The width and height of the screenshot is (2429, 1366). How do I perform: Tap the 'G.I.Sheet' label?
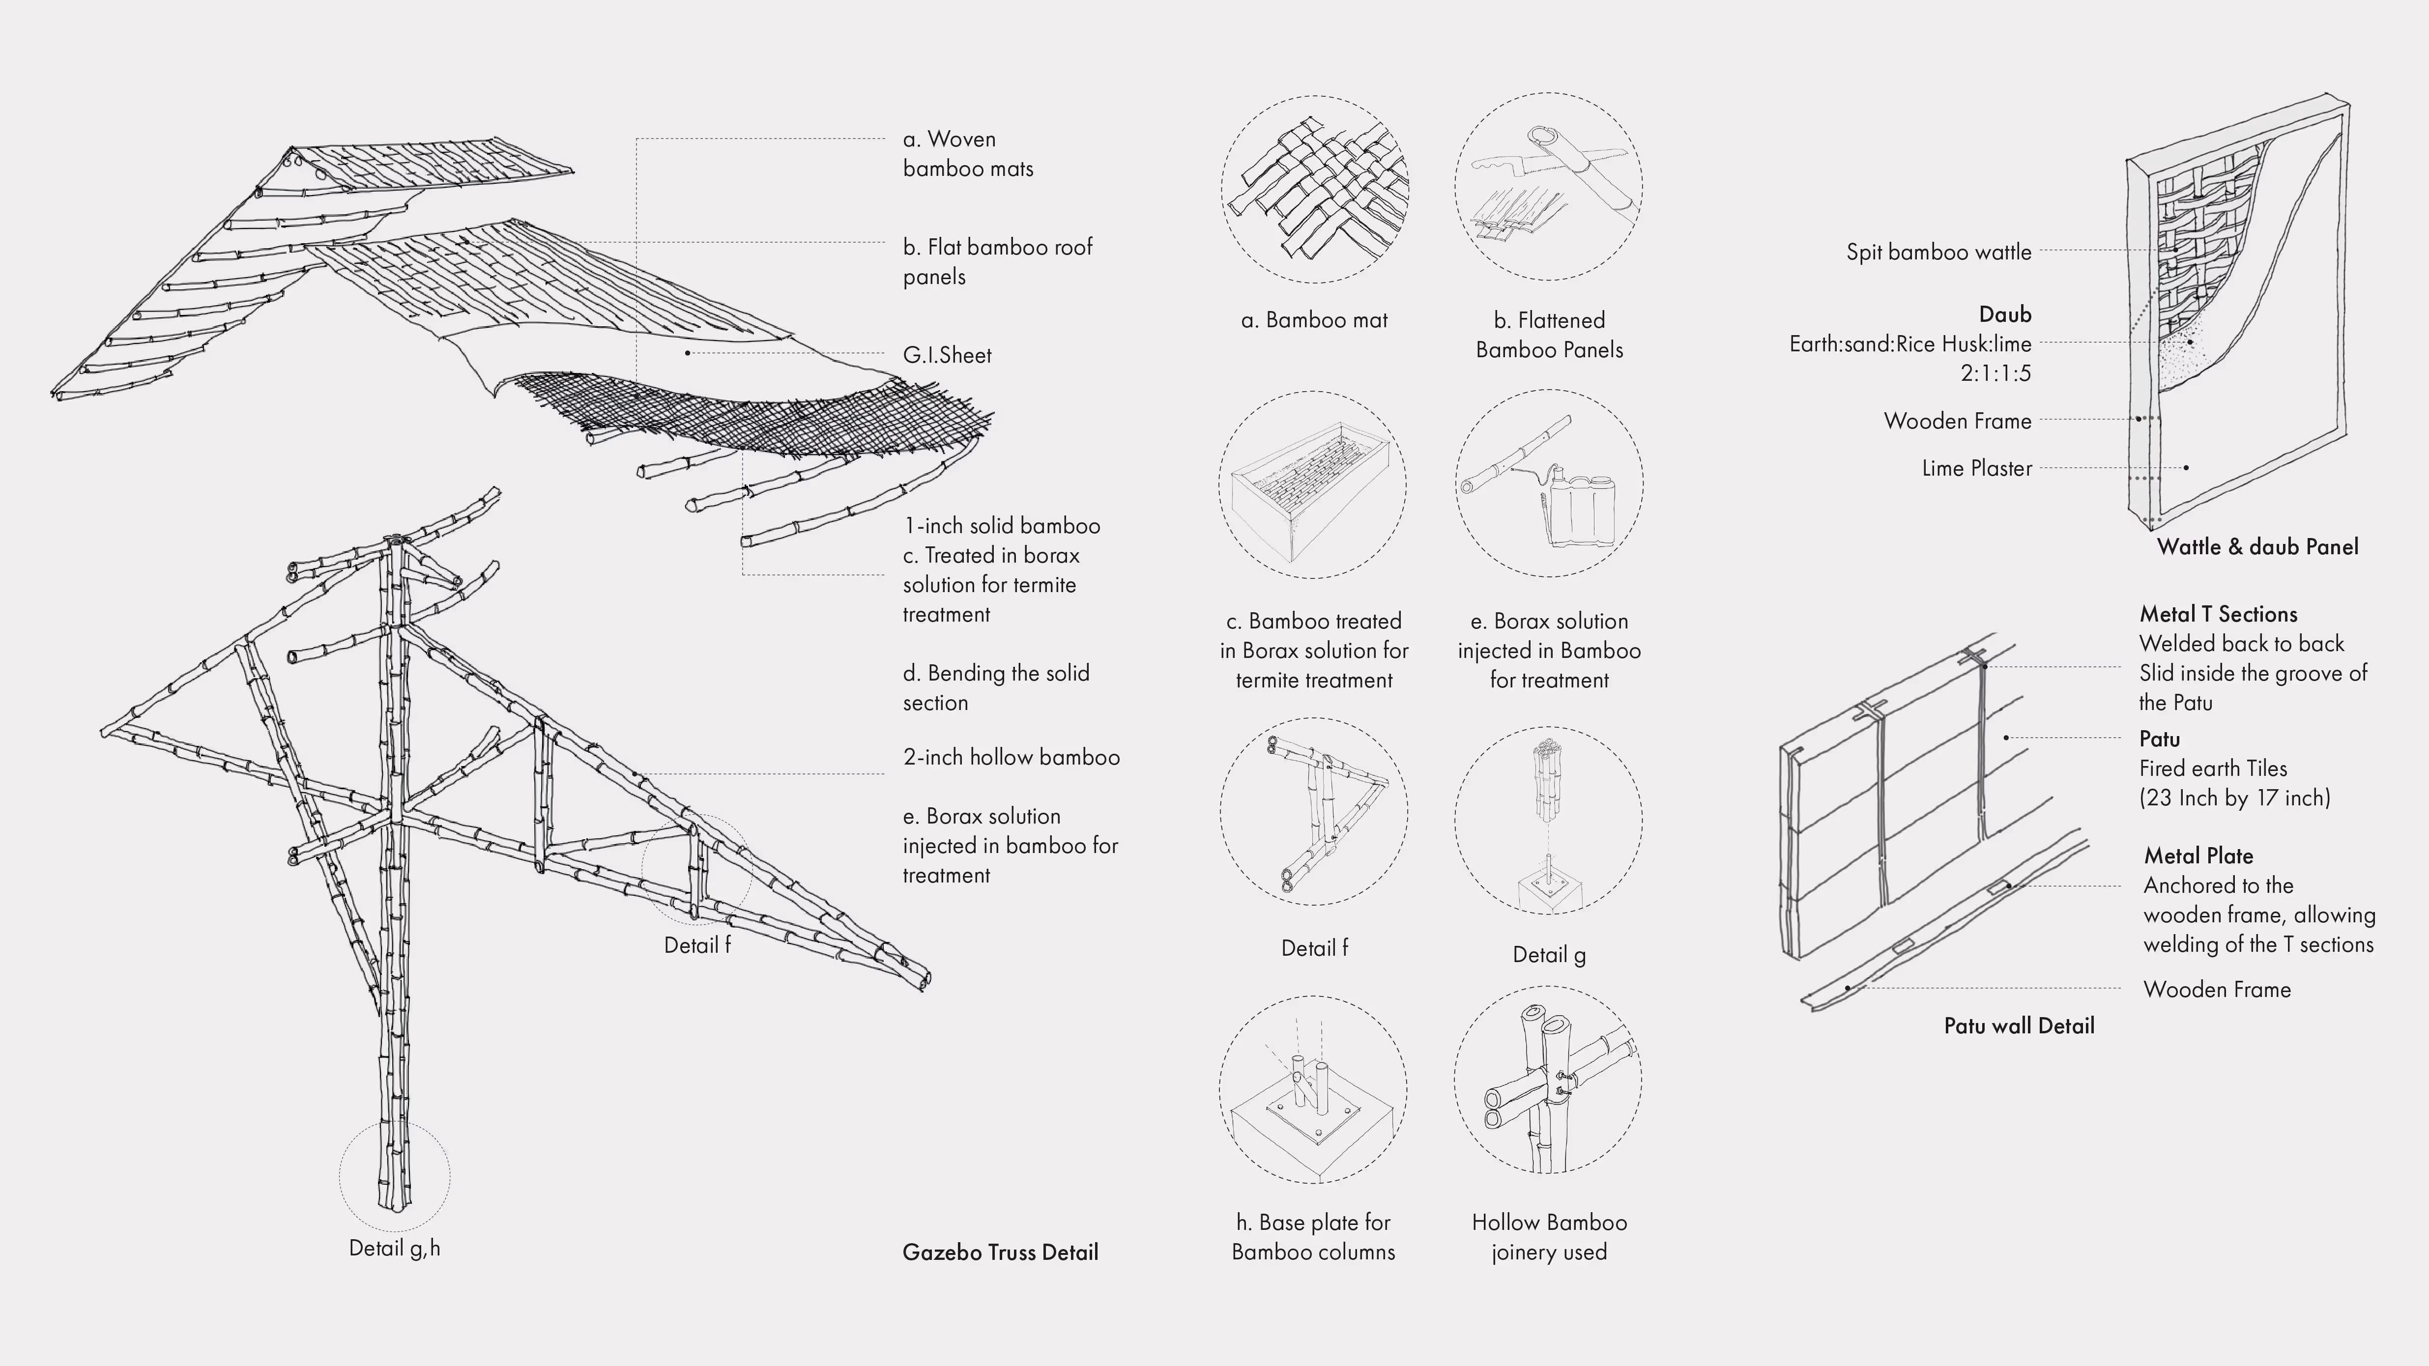click(947, 355)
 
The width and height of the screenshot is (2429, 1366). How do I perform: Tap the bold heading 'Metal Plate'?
click(2198, 856)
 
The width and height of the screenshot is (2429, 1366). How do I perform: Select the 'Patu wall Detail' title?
click(2019, 1025)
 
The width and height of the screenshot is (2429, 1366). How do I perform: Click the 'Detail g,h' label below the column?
click(394, 1248)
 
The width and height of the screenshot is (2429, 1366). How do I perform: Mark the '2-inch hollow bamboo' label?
click(1011, 757)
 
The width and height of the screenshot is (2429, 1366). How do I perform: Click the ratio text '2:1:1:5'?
click(1995, 373)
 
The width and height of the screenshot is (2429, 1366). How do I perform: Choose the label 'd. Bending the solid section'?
click(996, 687)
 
